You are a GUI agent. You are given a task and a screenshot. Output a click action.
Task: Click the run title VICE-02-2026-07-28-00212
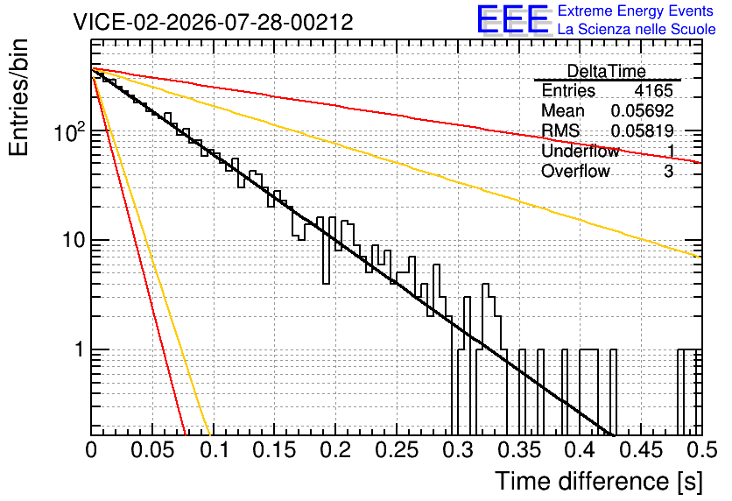point(214,22)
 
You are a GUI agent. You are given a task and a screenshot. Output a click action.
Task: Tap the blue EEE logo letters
point(513,19)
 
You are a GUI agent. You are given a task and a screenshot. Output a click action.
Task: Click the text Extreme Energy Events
point(636,11)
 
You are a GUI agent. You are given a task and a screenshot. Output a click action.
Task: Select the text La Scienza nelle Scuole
point(637,30)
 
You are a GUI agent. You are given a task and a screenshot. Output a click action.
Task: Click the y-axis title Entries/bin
point(18,98)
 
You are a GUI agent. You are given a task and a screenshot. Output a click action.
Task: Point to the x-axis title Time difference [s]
point(599,481)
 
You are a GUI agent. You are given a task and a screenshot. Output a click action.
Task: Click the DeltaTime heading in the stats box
point(607,71)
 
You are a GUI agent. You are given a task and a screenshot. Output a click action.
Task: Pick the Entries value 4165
point(653,90)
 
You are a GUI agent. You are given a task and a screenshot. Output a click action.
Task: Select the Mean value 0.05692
point(643,110)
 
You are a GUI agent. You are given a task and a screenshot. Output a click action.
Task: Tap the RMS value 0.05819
point(643,131)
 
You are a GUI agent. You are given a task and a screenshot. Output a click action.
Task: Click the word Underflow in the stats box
point(581,151)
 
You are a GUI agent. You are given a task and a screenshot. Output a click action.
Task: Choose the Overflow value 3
point(668,172)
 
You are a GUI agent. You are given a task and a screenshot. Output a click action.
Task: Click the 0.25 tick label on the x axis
point(397,450)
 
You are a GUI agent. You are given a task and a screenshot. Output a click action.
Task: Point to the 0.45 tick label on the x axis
point(642,450)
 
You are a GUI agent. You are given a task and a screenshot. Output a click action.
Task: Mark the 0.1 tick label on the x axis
point(215,450)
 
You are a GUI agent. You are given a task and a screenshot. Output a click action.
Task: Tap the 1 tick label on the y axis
point(80,349)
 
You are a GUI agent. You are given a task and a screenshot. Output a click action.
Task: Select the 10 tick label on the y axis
point(74,241)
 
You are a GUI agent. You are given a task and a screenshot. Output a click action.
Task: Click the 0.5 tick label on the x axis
point(702,450)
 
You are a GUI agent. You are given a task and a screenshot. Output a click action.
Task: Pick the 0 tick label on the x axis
point(91,450)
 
